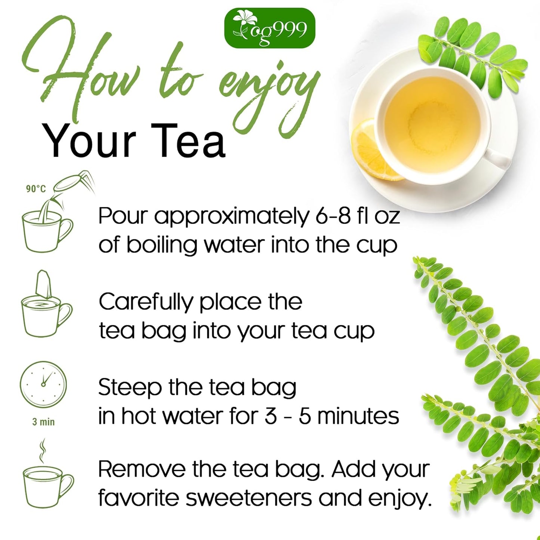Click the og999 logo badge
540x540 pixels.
coord(270,28)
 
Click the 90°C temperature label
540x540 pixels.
coord(36,189)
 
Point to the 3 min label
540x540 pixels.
coord(43,422)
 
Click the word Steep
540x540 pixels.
coord(130,387)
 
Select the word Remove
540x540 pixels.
coord(141,470)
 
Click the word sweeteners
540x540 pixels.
coord(249,499)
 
